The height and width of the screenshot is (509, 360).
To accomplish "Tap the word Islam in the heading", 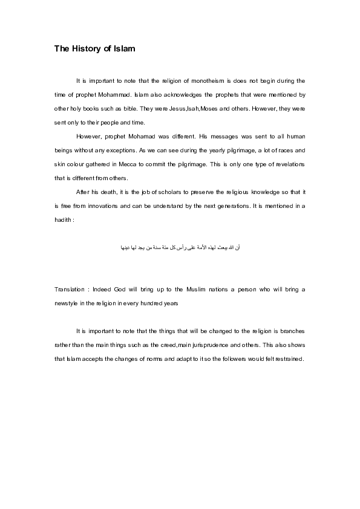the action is point(122,49).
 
